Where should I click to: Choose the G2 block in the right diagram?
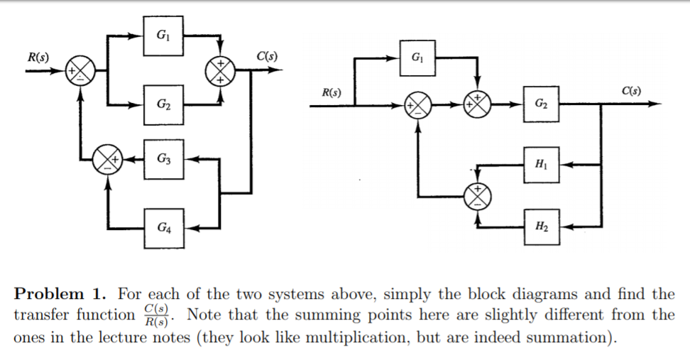(542, 106)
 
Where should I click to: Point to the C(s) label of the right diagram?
(630, 90)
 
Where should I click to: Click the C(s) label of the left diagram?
(266, 55)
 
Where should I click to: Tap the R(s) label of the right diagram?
(331, 92)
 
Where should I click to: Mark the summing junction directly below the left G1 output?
(221, 70)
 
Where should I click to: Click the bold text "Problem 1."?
(60, 295)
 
